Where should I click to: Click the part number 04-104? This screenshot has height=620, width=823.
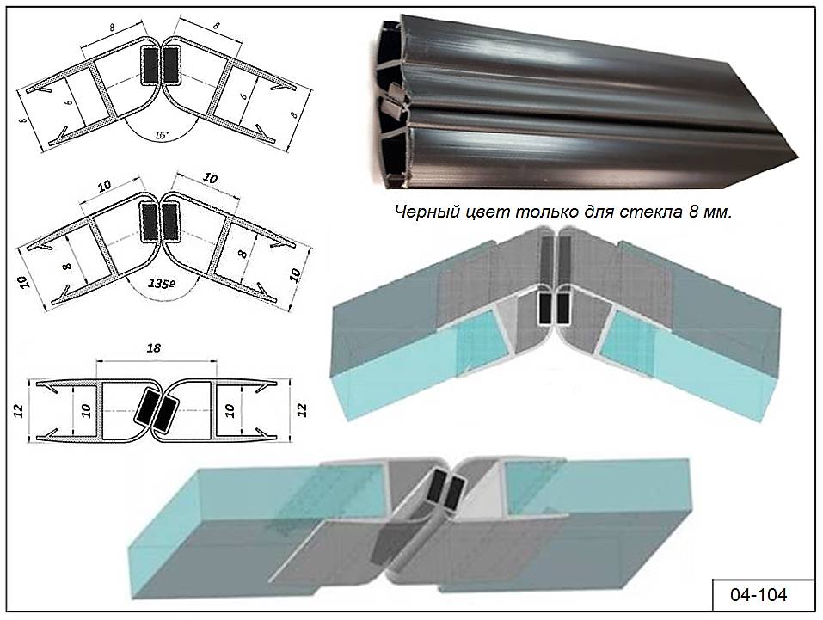758,594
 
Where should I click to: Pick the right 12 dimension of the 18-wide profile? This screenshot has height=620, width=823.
302,408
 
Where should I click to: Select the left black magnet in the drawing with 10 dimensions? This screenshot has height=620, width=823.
147,221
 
